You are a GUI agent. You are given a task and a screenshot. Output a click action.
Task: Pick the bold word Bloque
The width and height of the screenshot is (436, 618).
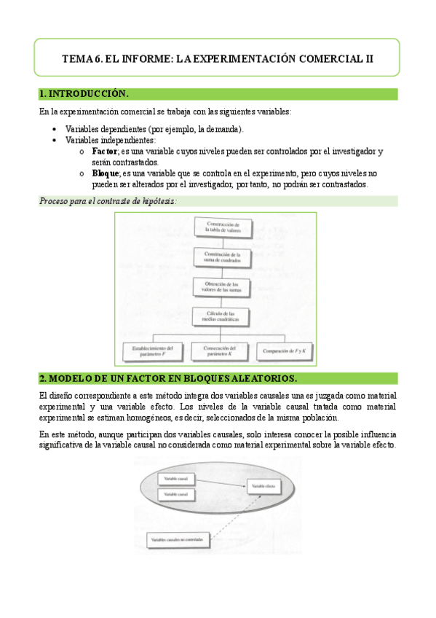tap(108, 173)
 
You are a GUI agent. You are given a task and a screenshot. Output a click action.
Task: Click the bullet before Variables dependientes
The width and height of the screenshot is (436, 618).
tap(56, 129)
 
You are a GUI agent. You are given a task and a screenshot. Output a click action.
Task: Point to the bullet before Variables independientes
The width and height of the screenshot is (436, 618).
tap(56, 140)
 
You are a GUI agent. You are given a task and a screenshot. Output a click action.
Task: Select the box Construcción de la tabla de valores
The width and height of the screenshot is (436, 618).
tap(222, 227)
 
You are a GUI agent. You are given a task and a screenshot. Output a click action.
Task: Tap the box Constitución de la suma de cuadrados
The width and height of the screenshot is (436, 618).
tap(222, 257)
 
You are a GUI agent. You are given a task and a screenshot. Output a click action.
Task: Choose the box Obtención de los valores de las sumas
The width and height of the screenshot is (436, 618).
tap(222, 287)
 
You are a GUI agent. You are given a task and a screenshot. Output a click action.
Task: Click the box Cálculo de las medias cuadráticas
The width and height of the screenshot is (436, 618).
tap(222, 317)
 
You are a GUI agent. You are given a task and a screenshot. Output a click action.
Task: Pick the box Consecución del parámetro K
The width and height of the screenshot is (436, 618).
tap(222, 351)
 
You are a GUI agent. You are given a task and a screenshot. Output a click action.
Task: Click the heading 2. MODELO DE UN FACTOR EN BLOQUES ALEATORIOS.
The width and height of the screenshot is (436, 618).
tap(168, 379)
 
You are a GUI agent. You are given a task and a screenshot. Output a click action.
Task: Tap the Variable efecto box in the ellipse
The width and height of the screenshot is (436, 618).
tap(263, 485)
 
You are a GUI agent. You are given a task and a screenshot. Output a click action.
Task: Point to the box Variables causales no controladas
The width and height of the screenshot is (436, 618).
tap(179, 539)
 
